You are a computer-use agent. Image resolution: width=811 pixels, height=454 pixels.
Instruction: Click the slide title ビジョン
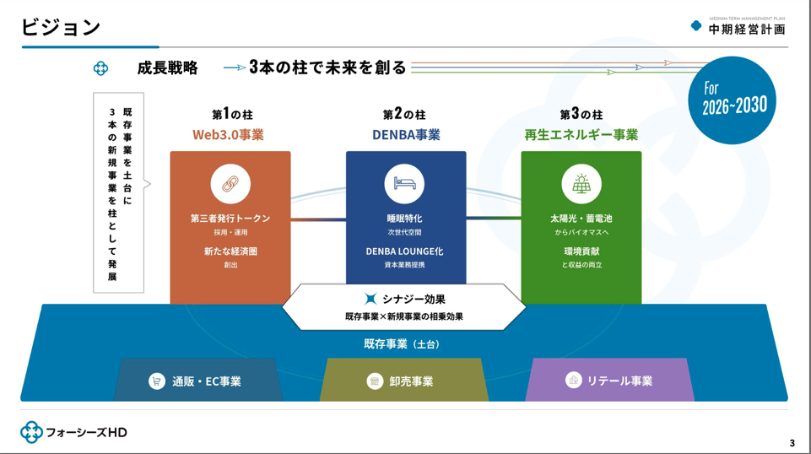61,27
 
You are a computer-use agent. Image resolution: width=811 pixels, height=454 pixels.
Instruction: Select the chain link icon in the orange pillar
230,184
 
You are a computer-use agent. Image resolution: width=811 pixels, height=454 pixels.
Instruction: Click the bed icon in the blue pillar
404,184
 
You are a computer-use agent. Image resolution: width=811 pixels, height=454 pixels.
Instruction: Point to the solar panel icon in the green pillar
581,184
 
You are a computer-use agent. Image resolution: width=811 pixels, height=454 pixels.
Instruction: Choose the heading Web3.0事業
228,135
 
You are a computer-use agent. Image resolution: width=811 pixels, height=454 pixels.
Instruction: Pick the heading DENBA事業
406,135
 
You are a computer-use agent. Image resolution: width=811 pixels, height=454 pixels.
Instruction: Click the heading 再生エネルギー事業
581,135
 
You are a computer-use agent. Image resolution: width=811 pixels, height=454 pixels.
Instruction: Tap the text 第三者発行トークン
230,219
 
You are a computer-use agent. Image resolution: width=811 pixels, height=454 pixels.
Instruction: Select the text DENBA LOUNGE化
404,251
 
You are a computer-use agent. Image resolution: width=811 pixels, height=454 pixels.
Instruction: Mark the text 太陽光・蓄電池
581,219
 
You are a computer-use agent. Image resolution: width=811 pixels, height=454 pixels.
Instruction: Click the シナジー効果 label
413,299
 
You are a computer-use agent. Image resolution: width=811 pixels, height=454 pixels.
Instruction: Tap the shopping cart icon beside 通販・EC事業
156,381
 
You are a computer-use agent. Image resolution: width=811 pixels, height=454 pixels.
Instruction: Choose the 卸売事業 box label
411,381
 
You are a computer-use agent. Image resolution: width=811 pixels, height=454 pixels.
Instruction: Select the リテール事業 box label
620,381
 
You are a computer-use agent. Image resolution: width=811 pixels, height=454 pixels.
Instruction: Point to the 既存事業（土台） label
403,344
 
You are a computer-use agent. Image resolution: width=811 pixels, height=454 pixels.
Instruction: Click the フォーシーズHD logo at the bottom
74,432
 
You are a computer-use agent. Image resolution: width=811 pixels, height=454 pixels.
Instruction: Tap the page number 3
792,444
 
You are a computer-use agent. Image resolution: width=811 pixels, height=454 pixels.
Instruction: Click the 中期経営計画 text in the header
746,30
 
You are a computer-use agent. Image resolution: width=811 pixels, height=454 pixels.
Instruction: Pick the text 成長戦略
167,68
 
